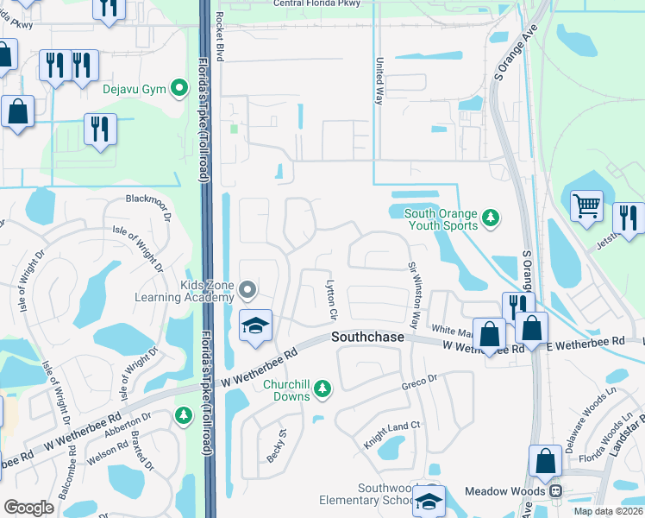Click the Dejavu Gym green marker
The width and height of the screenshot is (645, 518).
180,87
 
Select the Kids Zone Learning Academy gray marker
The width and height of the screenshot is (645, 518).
247,289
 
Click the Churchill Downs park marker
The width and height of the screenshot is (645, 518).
322,389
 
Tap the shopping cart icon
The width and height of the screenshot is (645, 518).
586,206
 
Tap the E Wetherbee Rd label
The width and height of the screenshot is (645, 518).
586,342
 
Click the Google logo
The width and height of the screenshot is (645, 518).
28,507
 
